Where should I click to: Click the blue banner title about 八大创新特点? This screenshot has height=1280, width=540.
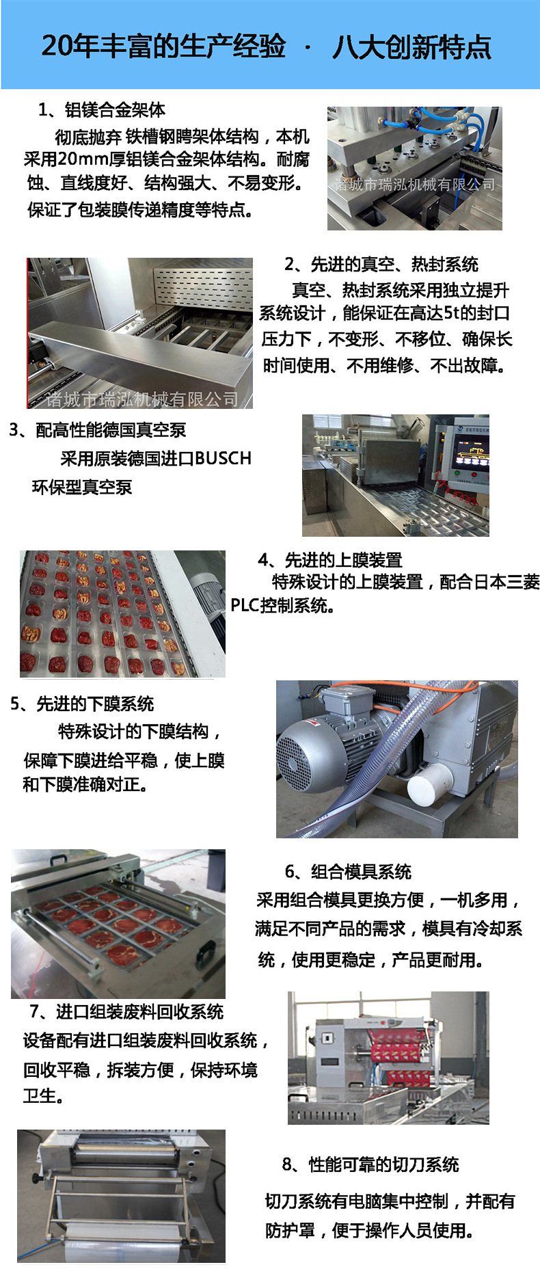(x=267, y=46)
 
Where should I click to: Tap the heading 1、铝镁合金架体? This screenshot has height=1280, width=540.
(x=102, y=110)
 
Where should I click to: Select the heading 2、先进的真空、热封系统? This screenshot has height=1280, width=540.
(x=381, y=265)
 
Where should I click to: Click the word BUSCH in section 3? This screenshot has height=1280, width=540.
(x=223, y=458)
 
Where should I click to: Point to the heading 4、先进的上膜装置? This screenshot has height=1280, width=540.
(x=330, y=561)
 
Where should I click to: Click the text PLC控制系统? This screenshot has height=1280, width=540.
(x=282, y=606)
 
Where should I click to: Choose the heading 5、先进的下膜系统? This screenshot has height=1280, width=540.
(x=82, y=704)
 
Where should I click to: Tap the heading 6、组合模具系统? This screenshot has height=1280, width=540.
(x=348, y=872)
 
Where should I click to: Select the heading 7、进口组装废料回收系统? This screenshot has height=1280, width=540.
(x=127, y=1012)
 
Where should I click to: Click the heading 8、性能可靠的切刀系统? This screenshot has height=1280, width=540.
(x=370, y=1164)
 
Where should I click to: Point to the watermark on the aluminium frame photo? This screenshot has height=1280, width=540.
(x=414, y=185)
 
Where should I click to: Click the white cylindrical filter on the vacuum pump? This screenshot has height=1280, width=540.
(x=433, y=783)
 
